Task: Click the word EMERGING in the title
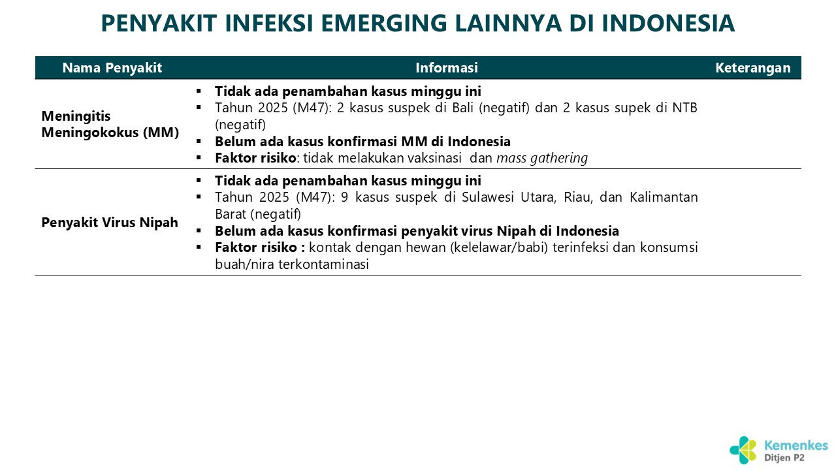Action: click(x=383, y=23)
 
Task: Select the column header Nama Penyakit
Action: click(x=112, y=68)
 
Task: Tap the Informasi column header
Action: click(x=447, y=68)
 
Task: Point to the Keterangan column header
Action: click(x=753, y=68)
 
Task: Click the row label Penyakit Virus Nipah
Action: click(x=110, y=223)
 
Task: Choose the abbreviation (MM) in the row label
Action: click(x=161, y=133)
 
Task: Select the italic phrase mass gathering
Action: click(x=542, y=158)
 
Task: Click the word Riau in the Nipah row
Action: click(x=578, y=197)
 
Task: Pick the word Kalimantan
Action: click(x=664, y=197)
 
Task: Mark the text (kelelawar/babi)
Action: click(x=499, y=247)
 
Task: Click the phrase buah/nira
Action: click(x=245, y=264)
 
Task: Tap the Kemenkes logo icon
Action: click(x=743, y=450)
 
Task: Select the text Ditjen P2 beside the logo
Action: click(x=784, y=458)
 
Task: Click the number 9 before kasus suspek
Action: click(x=344, y=197)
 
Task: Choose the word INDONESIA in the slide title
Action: click(x=668, y=23)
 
